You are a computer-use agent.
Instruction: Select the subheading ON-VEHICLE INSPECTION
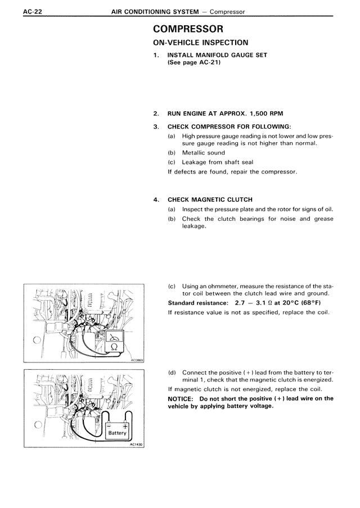click(200, 43)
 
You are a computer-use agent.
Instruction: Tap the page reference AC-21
click(206, 62)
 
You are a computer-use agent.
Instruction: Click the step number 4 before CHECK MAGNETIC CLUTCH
click(155, 199)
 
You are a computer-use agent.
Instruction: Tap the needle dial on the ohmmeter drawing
click(115, 337)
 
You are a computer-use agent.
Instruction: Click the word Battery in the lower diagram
click(118, 433)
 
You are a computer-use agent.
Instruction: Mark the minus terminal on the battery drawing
click(110, 425)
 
